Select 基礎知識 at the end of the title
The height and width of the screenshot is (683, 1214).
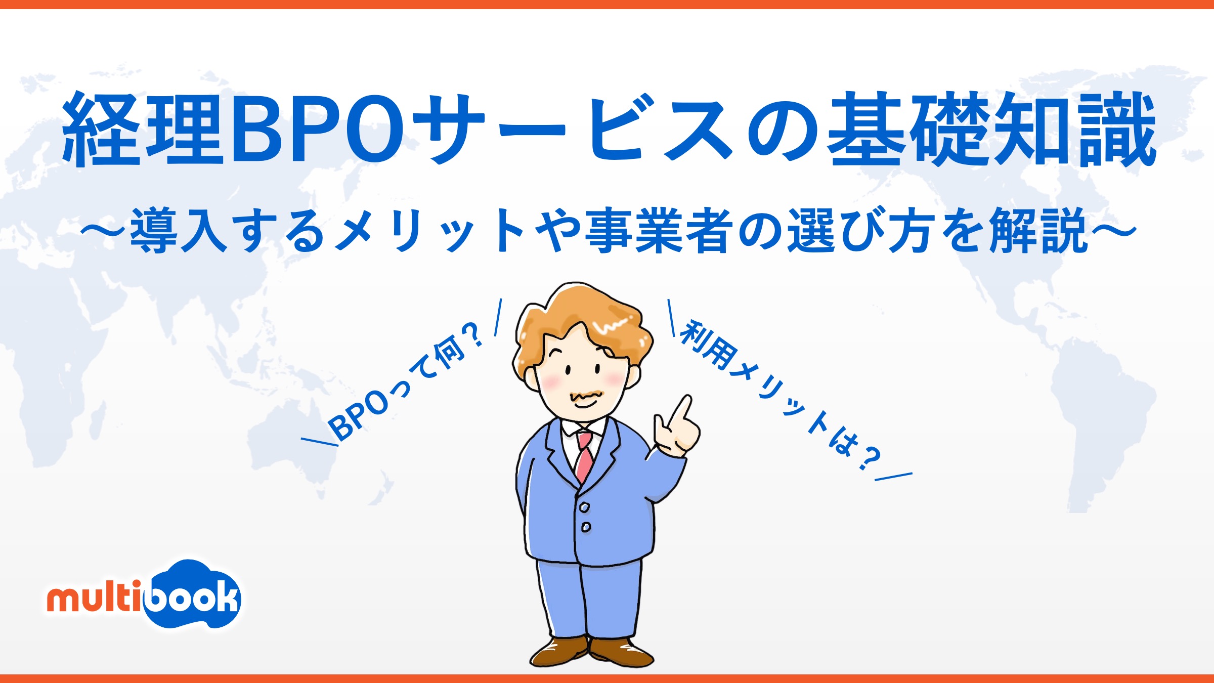tap(991, 129)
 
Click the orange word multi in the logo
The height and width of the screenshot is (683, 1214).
tap(94, 600)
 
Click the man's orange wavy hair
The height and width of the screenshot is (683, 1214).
tap(582, 314)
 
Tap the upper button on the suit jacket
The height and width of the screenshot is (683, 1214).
tap(584, 506)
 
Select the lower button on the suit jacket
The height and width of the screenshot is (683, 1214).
tap(586, 527)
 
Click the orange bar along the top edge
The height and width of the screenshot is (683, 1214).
tap(607, 4)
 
